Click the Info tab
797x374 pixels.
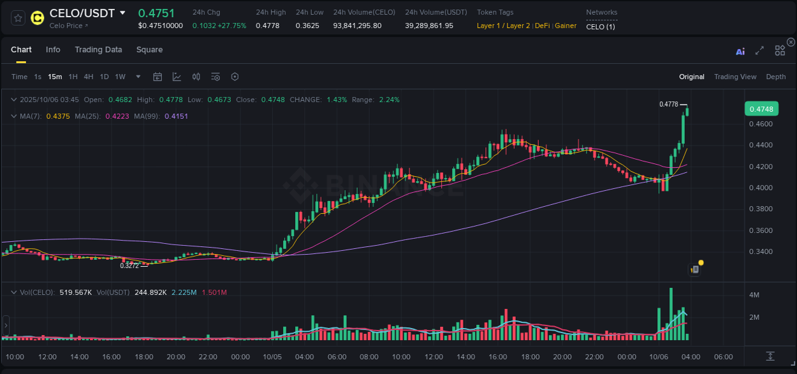click(x=53, y=50)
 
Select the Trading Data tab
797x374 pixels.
click(x=98, y=50)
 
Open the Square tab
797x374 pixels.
click(x=149, y=50)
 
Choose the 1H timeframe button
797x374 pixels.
click(x=73, y=77)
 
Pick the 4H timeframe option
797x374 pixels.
click(x=89, y=77)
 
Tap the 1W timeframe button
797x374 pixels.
click(x=120, y=77)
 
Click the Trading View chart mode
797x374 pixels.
click(x=735, y=77)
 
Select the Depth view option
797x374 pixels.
click(x=775, y=77)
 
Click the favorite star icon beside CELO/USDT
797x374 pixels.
click(x=18, y=18)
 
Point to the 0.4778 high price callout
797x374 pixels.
click(x=669, y=104)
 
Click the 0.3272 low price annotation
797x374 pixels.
click(x=129, y=265)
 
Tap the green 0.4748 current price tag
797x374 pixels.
click(x=761, y=109)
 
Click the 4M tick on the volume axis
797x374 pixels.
click(x=754, y=295)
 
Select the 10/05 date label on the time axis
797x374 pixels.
click(x=272, y=357)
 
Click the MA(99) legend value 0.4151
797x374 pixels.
click(x=176, y=116)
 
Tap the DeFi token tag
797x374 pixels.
click(x=542, y=26)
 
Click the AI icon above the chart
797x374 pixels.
click(x=740, y=51)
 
